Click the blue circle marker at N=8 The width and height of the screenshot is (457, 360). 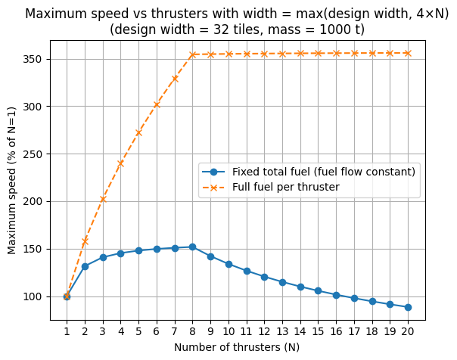(x=193, y=247)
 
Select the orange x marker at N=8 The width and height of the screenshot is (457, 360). (x=193, y=54)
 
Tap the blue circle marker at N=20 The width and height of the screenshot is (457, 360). (x=409, y=307)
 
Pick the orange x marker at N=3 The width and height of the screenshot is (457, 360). (x=103, y=199)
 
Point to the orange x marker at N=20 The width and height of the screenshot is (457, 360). (x=409, y=53)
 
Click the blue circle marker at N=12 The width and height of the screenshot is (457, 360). (x=265, y=277)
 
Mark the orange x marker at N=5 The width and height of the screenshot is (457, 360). (x=138, y=132)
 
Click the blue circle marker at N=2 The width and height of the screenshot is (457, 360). (x=85, y=266)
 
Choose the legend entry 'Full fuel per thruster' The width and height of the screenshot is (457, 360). (x=285, y=187)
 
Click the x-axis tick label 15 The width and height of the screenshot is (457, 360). (x=319, y=331)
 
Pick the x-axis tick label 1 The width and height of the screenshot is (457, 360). (x=67, y=331)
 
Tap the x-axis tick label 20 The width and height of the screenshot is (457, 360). (x=409, y=331)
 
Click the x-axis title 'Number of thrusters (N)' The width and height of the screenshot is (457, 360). (x=237, y=347)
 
